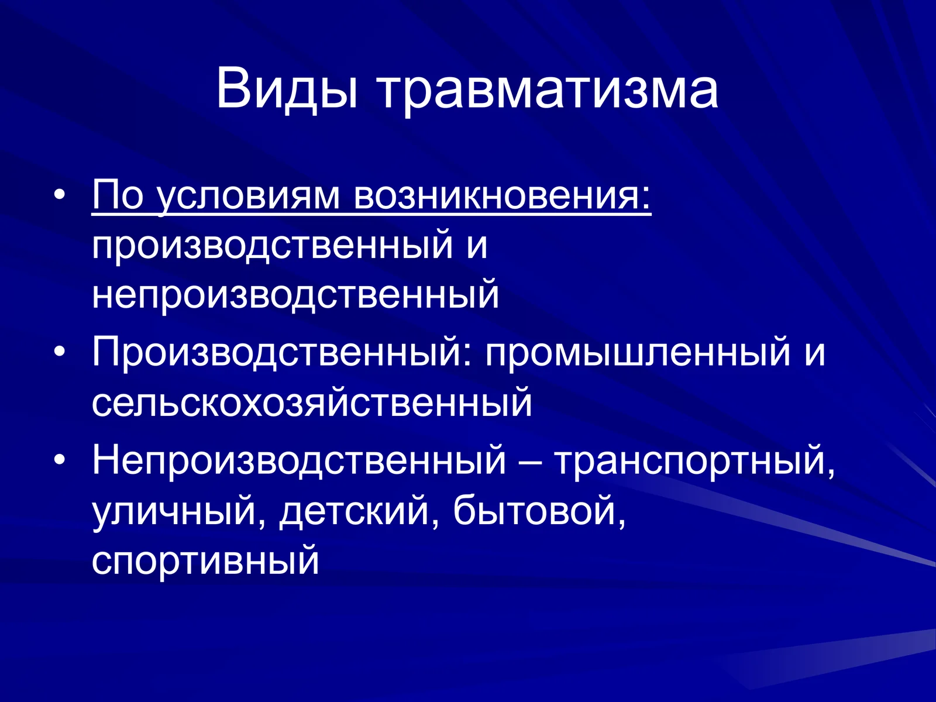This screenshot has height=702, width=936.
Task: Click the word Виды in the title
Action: pyautogui.click(x=286, y=89)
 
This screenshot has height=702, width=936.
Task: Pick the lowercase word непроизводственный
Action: pyautogui.click(x=295, y=295)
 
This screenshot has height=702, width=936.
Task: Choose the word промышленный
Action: pyautogui.click(x=637, y=352)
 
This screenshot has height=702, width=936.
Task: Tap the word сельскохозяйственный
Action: pyautogui.click(x=312, y=403)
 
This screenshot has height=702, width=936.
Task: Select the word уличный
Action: pyautogui.click(x=174, y=511)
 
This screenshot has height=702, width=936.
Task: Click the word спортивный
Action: pyautogui.click(x=205, y=561)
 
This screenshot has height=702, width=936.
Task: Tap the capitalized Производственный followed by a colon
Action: pyautogui.click(x=281, y=352)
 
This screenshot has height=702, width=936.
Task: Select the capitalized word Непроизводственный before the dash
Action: pyautogui.click(x=298, y=460)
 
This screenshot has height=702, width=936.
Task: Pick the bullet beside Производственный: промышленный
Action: pyautogui.click(x=58, y=353)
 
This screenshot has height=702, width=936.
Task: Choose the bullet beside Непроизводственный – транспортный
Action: pyautogui.click(x=58, y=460)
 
